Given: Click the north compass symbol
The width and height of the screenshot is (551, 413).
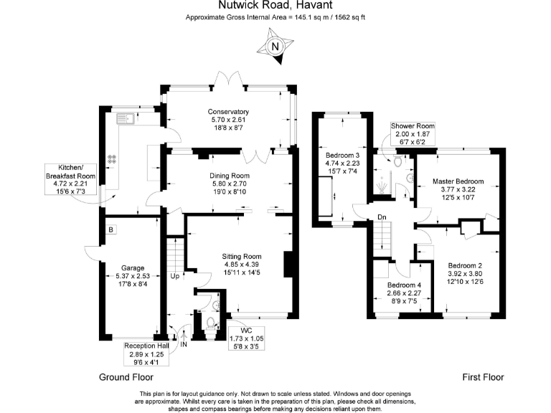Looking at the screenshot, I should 275,46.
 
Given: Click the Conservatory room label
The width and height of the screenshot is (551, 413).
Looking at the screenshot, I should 228,120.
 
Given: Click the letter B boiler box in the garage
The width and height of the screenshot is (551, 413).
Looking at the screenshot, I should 111,230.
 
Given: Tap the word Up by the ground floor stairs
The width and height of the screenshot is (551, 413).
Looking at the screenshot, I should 175,276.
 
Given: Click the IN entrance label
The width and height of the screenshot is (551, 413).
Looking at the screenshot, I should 184,344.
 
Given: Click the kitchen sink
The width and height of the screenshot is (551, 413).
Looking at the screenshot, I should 120,118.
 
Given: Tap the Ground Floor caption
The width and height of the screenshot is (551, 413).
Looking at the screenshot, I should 126,377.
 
